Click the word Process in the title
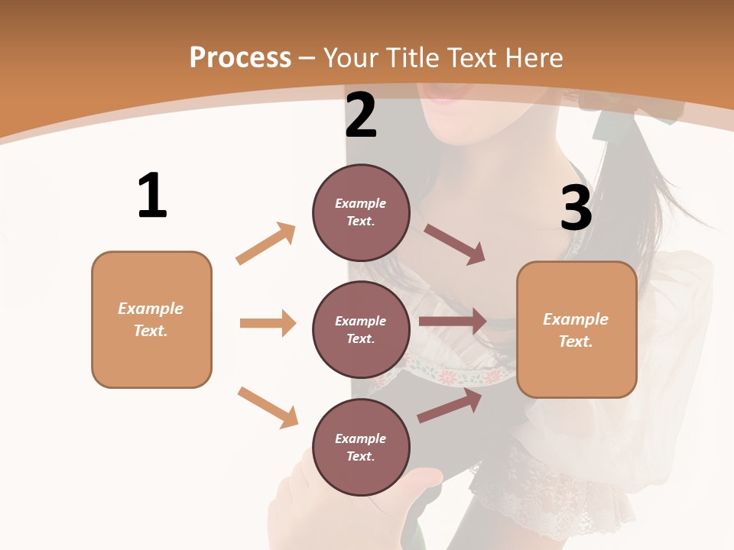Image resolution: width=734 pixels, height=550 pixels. (x=240, y=58)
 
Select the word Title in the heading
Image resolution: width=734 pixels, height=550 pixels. (x=413, y=58)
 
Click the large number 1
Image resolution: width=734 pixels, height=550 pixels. (x=152, y=196)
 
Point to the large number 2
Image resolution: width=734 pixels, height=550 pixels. (x=361, y=115)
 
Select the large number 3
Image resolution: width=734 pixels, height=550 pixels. (x=576, y=208)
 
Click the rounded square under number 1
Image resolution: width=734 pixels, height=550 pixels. (x=151, y=319)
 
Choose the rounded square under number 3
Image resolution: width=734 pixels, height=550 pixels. (x=576, y=330)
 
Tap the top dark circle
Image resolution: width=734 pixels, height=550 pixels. (x=361, y=212)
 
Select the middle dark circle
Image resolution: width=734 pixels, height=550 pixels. (x=361, y=329)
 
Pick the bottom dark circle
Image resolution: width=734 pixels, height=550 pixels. (x=361, y=447)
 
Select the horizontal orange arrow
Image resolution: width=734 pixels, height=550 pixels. (x=268, y=323)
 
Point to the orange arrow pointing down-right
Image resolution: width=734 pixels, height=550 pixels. (x=268, y=407)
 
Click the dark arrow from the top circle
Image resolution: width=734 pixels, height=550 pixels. (x=455, y=244)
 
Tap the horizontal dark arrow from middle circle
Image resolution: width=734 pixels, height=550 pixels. (x=453, y=322)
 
